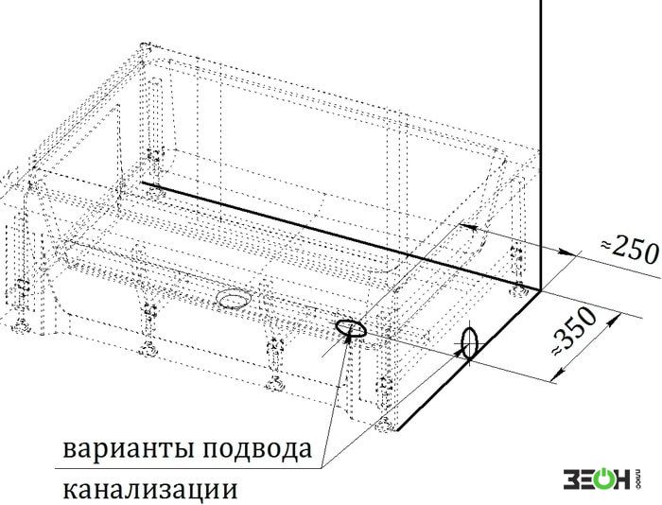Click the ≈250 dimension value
pos(630,250)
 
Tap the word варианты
pos(129,450)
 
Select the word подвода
pos(257,449)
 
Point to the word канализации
pos(149,490)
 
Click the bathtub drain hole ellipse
pos(234,299)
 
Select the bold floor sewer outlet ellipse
pos(351,328)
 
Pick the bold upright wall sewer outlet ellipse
pos(469,343)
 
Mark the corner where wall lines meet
pos(540,290)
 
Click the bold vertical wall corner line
pos(540,145)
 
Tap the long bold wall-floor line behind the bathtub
pos(340,236)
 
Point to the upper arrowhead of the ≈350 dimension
pos(611,320)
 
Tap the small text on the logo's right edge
pos(638,479)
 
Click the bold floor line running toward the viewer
pos(468,360)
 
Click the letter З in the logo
pos(571,479)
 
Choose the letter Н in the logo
pos(624,479)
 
